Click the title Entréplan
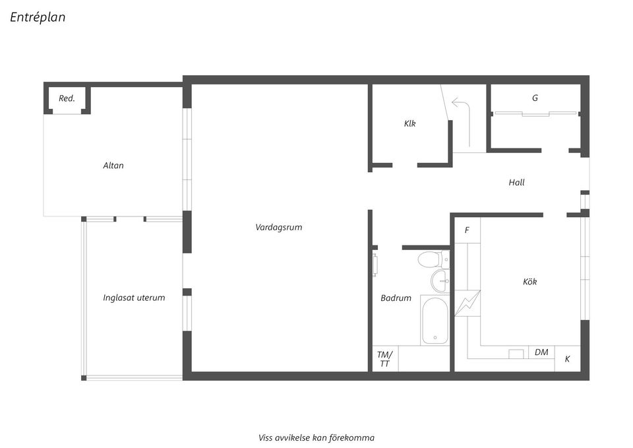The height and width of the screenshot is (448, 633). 38,18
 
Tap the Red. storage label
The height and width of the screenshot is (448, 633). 67,98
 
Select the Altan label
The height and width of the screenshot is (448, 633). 113,166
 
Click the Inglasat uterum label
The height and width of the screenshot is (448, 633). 134,298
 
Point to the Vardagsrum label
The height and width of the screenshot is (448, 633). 278,227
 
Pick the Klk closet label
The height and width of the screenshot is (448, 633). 410,123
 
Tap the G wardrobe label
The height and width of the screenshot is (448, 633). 535,98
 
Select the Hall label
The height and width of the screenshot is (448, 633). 516,182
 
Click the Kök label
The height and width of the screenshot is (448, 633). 529,282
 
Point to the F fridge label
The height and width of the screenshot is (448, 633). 467,230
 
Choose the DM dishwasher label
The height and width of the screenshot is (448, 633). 541,352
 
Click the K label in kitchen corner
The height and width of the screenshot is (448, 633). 567,360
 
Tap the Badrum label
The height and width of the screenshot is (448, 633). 396,298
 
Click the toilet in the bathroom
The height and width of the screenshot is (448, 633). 430,259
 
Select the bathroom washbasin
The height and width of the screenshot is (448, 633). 440,281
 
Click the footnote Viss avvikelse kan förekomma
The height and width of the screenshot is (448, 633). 316,437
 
